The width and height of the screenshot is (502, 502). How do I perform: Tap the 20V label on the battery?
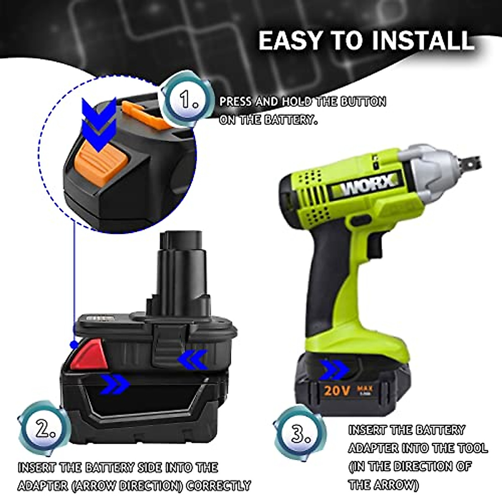pos(336,391)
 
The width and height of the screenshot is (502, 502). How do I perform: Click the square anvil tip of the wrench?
pos(471,161)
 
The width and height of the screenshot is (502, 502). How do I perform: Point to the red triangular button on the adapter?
pos(89,355)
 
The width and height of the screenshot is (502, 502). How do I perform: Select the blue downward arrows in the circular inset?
pos(99,124)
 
